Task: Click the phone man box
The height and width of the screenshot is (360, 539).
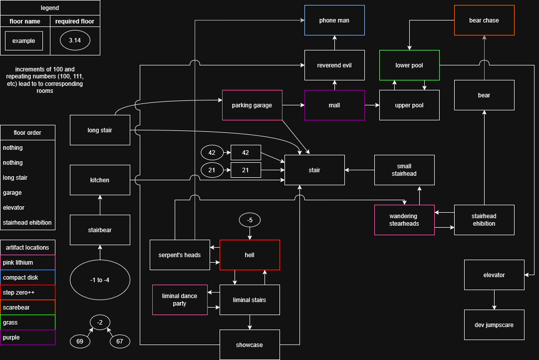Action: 334,20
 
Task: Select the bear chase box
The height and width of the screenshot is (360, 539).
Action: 484,20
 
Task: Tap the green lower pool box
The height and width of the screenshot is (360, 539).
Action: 409,65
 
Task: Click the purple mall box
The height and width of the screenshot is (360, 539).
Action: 334,105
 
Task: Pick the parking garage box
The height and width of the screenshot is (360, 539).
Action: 252,105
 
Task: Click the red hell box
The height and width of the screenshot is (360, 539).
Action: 250,255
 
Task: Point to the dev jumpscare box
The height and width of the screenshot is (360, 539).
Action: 494,325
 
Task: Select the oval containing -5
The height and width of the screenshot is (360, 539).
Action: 250,220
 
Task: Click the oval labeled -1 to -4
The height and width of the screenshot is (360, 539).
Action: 100,280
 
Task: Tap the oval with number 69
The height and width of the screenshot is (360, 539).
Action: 80,342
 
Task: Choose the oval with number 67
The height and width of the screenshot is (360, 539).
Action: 120,342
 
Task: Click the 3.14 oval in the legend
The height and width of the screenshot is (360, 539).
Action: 75,41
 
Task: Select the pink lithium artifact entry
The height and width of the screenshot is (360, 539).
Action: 28,263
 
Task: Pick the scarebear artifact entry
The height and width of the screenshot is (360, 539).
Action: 28,308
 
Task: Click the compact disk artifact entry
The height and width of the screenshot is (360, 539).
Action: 28,278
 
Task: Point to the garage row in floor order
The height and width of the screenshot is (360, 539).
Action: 28,193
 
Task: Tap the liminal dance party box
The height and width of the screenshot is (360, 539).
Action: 180,300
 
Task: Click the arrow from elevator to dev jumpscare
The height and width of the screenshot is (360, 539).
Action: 494,300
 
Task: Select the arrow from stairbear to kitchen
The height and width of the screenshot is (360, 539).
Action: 100,205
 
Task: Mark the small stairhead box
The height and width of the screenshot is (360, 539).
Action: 404,170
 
